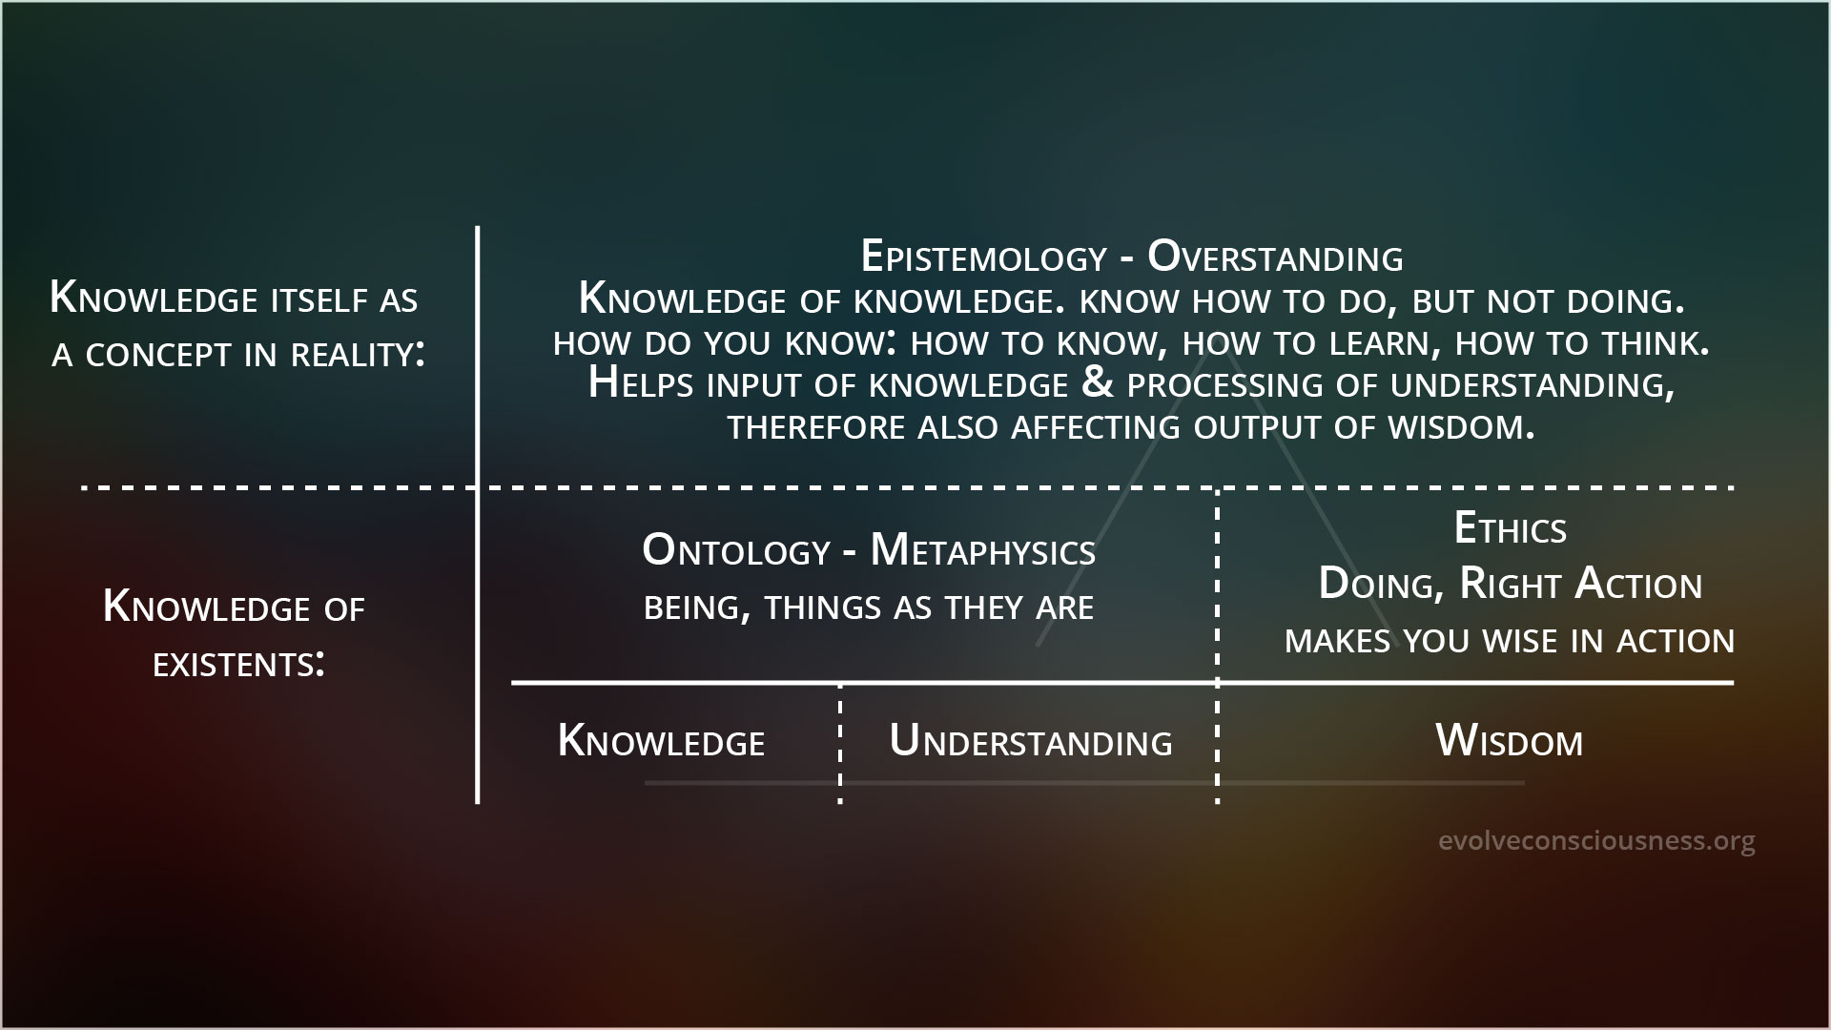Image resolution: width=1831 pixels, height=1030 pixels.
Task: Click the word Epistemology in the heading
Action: point(983,257)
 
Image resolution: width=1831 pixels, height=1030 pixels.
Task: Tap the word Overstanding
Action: point(1275,257)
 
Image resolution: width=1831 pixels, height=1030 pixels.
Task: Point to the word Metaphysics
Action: point(983,551)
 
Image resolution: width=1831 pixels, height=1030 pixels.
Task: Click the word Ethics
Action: point(1510,528)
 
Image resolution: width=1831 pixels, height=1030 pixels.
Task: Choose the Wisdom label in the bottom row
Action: point(1509,741)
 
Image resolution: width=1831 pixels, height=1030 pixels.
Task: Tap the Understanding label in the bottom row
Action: point(1031,742)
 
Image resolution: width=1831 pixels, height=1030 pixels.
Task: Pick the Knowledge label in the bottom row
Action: point(661,742)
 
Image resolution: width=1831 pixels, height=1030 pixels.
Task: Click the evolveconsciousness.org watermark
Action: point(1596,841)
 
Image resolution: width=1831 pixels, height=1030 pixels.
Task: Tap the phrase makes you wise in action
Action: point(1510,640)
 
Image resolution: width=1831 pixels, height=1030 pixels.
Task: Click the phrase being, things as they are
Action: point(869,608)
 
